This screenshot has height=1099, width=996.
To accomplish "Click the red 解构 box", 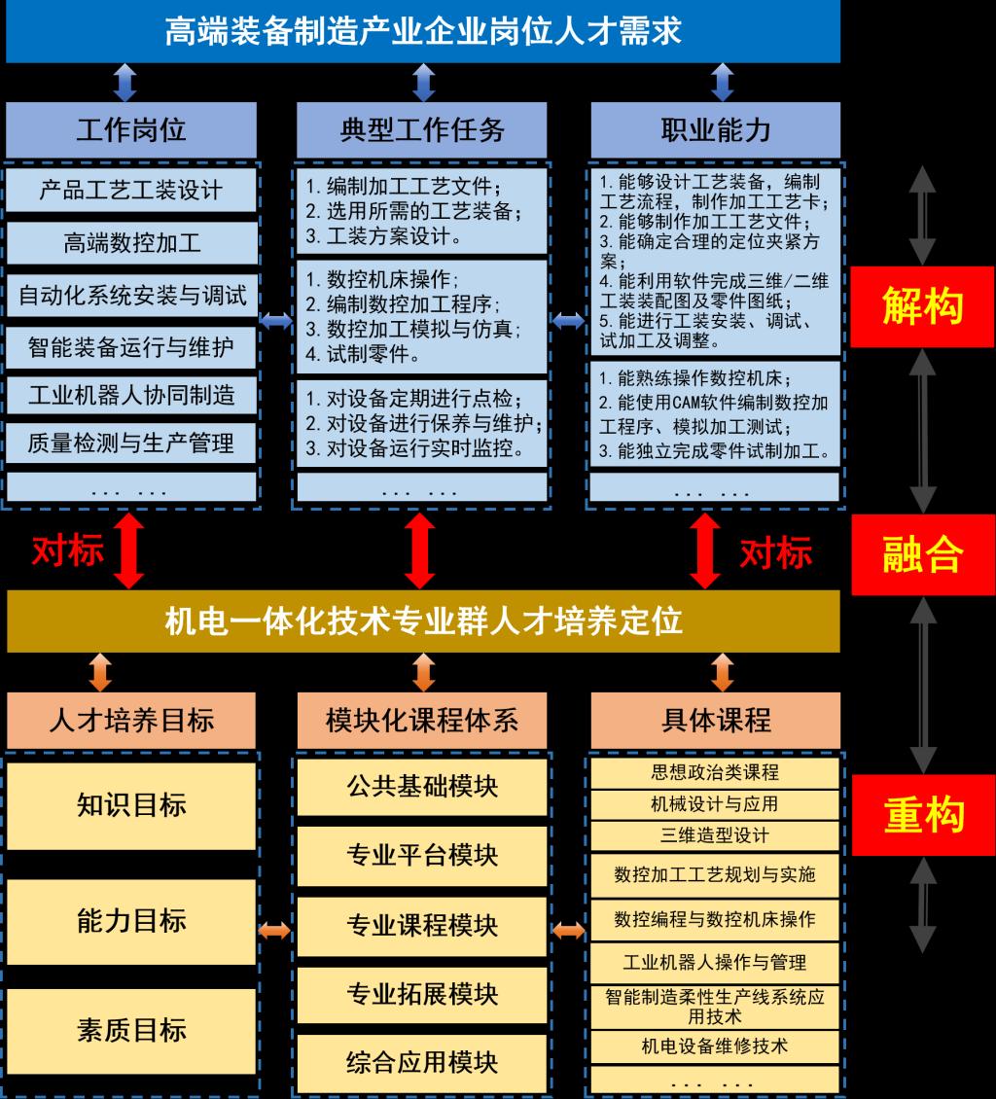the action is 922,307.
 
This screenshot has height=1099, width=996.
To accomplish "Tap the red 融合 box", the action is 923,554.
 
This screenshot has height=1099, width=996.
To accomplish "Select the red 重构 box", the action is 923,814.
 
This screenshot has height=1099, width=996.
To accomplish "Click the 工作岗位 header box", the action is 131,129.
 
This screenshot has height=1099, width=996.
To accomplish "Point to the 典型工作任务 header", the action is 422,129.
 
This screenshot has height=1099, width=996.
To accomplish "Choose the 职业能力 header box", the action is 716,129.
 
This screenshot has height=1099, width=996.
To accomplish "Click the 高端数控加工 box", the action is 131,243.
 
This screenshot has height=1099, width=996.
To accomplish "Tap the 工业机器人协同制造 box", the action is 131,395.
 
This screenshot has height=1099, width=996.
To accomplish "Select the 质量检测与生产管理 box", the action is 131,443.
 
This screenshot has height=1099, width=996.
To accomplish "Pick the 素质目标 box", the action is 131,1031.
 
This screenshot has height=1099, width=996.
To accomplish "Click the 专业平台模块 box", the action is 422,856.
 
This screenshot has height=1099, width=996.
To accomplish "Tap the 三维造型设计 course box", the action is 715,835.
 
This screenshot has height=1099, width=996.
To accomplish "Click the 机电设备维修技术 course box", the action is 715,1046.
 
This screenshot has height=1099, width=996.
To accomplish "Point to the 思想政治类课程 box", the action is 715,772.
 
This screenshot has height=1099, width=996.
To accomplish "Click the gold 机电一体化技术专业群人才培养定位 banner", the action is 423,621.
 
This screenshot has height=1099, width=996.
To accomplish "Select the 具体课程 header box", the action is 716,721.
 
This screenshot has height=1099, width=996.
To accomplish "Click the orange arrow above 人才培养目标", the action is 100,672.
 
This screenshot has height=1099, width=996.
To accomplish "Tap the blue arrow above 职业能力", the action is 723,82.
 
